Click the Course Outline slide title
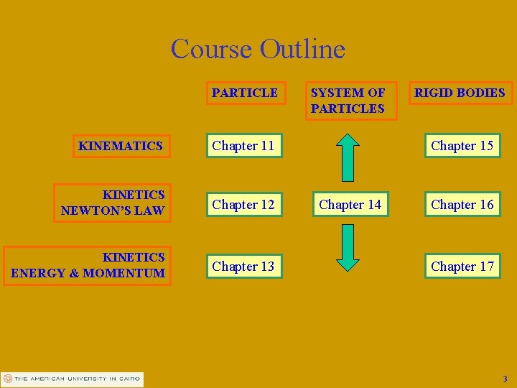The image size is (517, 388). tap(258, 49)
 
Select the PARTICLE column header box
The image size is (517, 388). tap(245, 93)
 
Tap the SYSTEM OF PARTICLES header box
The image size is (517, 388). tap(349, 100)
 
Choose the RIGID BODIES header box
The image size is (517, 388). tap(460, 93)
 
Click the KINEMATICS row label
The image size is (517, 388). tap(121, 146)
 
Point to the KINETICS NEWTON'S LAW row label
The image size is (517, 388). tap(113, 203)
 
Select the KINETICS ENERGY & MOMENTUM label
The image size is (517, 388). tap(88, 265)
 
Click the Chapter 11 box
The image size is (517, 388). tap(243, 146)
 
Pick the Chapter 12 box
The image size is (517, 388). tap(243, 205)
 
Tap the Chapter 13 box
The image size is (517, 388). tap(243, 267)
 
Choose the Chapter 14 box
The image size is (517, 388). tap(350, 205)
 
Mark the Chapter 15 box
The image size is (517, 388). tap(462, 146)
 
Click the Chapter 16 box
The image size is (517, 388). tap(462, 205)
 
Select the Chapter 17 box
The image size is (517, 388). tap(462, 267)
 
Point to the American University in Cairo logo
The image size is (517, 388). tap(72, 379)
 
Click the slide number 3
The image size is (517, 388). tap(505, 379)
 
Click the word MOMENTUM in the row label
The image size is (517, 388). tap(124, 273)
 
